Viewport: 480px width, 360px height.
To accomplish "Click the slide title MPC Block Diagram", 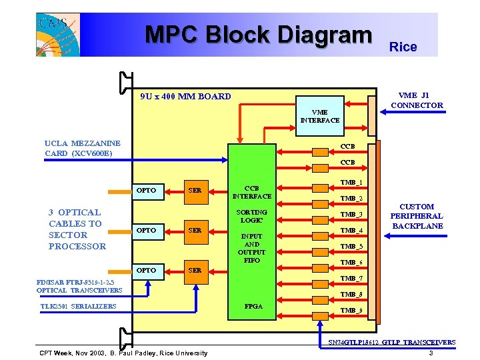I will coord(258,35).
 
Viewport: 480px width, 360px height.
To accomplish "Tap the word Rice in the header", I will coord(403,47).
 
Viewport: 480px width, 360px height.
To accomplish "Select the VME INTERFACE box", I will coord(319,117).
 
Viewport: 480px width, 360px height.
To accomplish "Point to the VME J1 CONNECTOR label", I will coord(417,100).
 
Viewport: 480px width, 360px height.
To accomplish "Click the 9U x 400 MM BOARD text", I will coord(185,96).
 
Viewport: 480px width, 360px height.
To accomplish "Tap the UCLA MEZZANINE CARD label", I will coord(83,148).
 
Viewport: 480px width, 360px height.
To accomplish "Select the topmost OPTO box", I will coord(146,191).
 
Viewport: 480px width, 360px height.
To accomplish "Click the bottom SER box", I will coord(195,271).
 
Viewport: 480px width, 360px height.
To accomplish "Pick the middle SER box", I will coord(195,231).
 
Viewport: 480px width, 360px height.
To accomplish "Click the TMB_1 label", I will coord(351,183).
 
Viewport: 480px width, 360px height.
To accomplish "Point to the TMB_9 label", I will coord(351,311).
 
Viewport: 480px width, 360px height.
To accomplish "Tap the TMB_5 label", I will coord(351,247).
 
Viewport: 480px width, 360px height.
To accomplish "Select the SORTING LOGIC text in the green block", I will coord(251,216).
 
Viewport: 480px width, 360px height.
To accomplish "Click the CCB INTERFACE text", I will coord(251,192).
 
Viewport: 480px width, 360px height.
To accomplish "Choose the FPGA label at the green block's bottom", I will coord(253,307).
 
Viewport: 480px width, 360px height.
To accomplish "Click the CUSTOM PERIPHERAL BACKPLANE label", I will coord(416,217).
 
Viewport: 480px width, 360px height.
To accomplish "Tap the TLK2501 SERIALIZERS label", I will coord(78,307).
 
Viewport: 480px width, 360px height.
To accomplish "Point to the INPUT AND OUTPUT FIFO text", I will coord(251,248).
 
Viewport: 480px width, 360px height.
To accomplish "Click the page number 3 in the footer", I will coord(431,353).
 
